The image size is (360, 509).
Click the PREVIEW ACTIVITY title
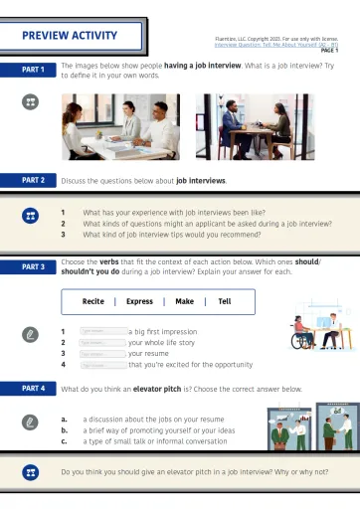pyautogui.click(x=70, y=37)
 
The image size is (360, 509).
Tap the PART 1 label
pyautogui.click(x=33, y=70)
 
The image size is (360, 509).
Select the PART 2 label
pyautogui.click(x=33, y=180)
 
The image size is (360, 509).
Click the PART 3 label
pyautogui.click(x=33, y=267)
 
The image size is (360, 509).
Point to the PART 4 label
pyautogui.click(x=33, y=387)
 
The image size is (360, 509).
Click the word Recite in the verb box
pyautogui.click(x=93, y=301)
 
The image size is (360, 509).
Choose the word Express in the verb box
pyautogui.click(x=139, y=301)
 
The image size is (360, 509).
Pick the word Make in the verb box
pyautogui.click(x=184, y=301)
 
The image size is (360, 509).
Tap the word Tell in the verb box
pyautogui.click(x=225, y=301)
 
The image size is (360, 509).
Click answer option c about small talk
pyautogui.click(x=154, y=441)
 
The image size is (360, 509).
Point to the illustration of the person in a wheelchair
pyautogui.click(x=301, y=334)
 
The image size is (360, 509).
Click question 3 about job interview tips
pyautogui.click(x=179, y=235)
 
